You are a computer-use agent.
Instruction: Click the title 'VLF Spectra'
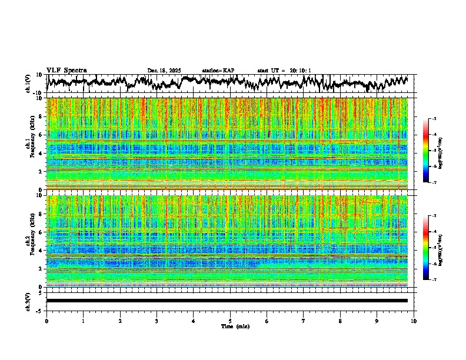coord(66,70)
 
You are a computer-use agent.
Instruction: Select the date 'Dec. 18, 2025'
coord(164,71)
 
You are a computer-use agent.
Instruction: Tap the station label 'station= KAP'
coord(218,71)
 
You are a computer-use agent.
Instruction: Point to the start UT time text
coord(284,71)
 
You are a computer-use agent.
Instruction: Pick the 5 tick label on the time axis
coord(230,321)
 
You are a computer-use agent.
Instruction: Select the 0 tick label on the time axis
coord(46,321)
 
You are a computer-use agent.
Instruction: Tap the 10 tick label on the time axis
coord(414,321)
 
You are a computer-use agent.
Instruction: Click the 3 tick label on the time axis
coord(157,321)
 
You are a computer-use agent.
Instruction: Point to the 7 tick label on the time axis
coord(304,321)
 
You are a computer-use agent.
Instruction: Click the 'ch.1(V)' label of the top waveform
coord(28,84)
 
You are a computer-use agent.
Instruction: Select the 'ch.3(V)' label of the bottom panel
coord(28,301)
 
